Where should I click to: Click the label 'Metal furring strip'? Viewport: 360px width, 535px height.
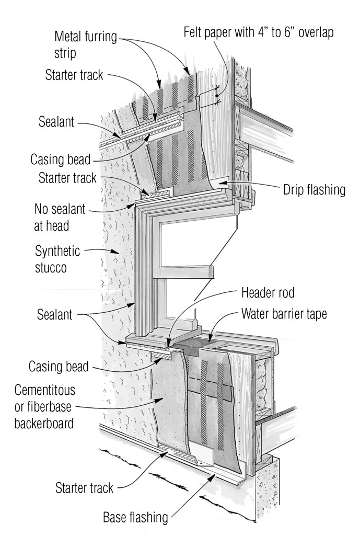point(86,45)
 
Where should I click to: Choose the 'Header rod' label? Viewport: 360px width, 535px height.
point(268,292)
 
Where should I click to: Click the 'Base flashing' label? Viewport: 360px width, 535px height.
point(135,517)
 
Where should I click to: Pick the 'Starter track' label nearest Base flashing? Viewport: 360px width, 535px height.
point(84,488)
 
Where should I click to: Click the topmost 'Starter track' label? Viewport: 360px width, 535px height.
point(74,75)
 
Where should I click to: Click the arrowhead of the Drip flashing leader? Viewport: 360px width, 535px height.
point(220,183)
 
